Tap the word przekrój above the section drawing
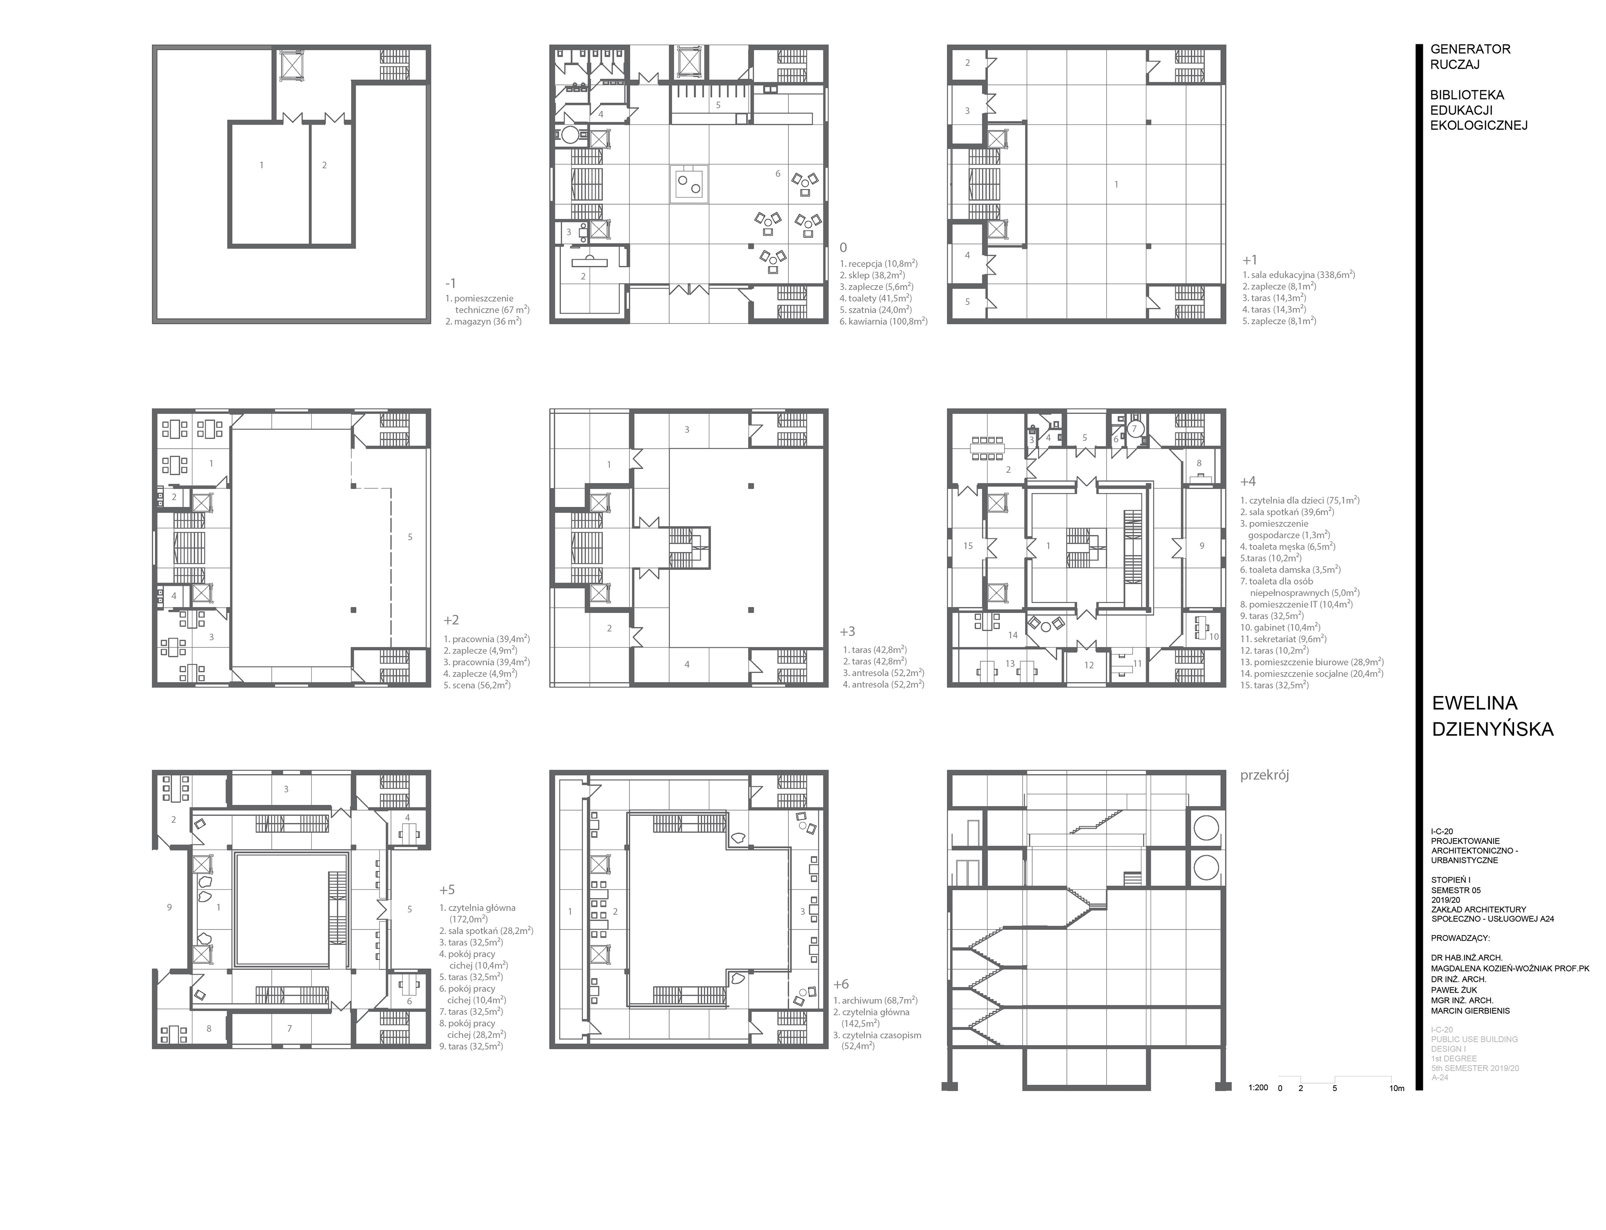pyautogui.click(x=1264, y=775)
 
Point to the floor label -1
pyautogui.click(x=451, y=283)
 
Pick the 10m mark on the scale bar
pyautogui.click(x=1397, y=1088)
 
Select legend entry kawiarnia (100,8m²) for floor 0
pyautogui.click(x=883, y=321)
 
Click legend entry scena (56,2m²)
pyautogui.click(x=476, y=685)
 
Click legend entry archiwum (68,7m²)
pyautogui.click(x=875, y=999)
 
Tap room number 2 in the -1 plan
pyautogui.click(x=324, y=165)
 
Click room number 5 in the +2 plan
pyautogui.click(x=410, y=537)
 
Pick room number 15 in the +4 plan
pyautogui.click(x=968, y=545)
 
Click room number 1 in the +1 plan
pyautogui.click(x=1116, y=185)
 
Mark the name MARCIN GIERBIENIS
pyautogui.click(x=1470, y=1010)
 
